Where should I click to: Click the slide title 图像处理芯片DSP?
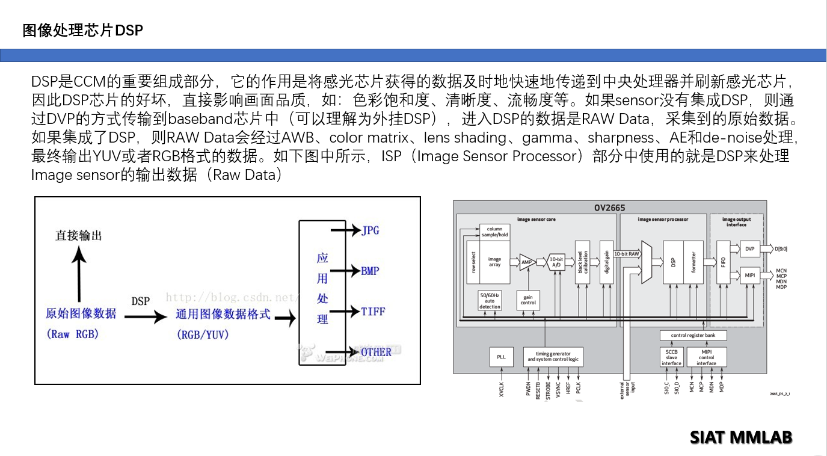pos(83,30)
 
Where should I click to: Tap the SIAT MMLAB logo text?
pos(740,437)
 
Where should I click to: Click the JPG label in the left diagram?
pos(370,230)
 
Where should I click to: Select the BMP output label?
pos(370,271)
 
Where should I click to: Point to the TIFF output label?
pos(373,312)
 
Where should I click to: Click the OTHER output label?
pos(375,352)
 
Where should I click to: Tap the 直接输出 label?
pos(79,235)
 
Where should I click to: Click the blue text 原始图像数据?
pos(81,313)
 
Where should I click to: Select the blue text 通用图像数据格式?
pos(223,314)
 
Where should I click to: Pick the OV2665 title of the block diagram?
pos(609,208)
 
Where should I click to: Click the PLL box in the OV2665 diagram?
pos(501,357)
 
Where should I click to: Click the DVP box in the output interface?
pos(749,249)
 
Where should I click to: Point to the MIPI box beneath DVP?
pos(749,276)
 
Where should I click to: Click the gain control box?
pos(528,300)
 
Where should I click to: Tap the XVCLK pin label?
pos(501,389)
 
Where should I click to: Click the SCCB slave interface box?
pos(671,357)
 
